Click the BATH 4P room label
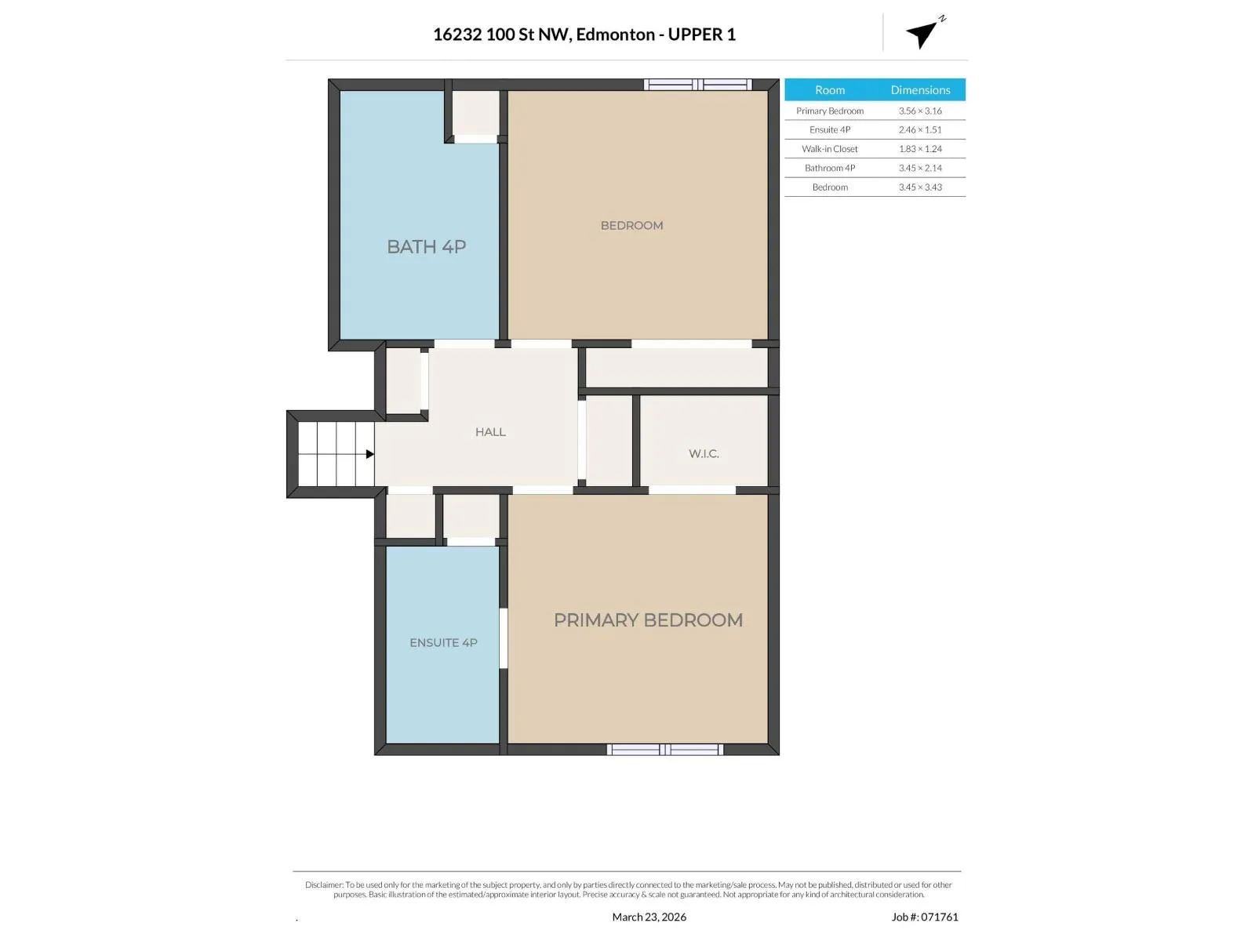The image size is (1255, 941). click(x=426, y=247)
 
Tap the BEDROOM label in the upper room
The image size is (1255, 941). click(x=631, y=226)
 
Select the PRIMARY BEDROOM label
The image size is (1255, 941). click(x=648, y=620)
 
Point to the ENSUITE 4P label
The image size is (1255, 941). click(x=443, y=643)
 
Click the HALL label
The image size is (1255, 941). click(x=490, y=432)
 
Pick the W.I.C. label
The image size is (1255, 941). click(x=704, y=454)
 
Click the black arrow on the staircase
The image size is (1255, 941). click(x=370, y=454)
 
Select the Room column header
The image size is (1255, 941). click(x=829, y=89)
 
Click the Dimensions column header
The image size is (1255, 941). click(x=920, y=89)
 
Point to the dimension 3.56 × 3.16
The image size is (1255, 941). click(x=919, y=111)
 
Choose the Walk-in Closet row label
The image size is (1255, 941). click(x=829, y=148)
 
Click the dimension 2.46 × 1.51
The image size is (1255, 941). click(x=919, y=129)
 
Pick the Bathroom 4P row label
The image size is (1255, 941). click(x=829, y=168)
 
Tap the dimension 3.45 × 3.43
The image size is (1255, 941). click(x=919, y=187)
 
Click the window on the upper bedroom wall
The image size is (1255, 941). click(x=697, y=85)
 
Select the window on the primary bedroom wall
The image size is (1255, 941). click(x=664, y=750)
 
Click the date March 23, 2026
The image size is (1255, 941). click(x=649, y=917)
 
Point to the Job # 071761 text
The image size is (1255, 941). click(x=925, y=917)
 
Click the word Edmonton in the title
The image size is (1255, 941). click(x=615, y=35)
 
